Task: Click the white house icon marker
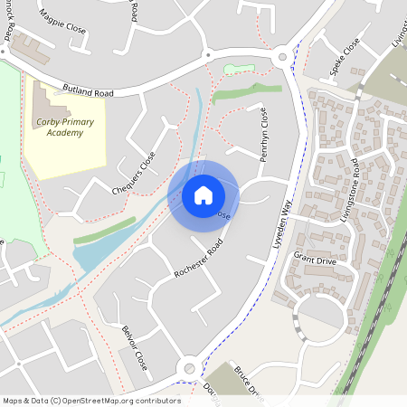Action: pyautogui.click(x=203, y=195)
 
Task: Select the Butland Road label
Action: pyautogui.click(x=88, y=91)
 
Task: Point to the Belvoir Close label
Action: pyautogui.click(x=134, y=348)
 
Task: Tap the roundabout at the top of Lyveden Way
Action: pyautogui.click(x=283, y=58)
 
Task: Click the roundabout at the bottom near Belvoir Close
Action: pyautogui.click(x=188, y=367)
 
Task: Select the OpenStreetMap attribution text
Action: pyautogui.click(x=90, y=400)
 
